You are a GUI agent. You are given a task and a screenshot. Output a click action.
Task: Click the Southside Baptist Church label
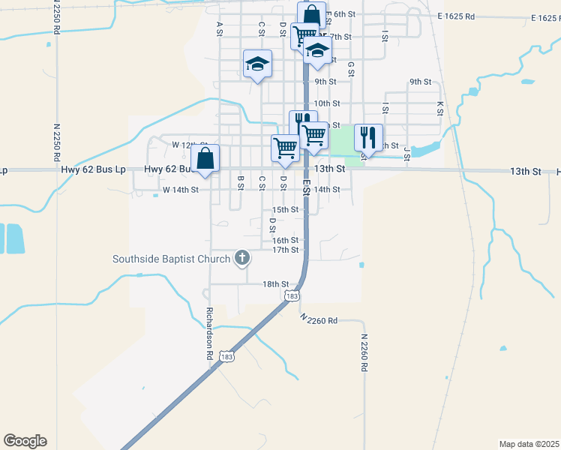[x=171, y=259]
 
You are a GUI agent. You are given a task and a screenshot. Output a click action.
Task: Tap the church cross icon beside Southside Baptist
[x=241, y=259]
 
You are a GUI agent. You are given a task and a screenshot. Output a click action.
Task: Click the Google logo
[x=25, y=441]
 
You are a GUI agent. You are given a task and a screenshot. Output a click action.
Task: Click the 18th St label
[x=275, y=284]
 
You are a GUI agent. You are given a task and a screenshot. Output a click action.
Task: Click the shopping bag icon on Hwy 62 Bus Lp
[x=205, y=158]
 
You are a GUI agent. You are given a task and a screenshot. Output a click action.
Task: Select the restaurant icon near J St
[x=368, y=136]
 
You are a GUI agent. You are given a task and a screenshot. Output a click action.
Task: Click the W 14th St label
[x=180, y=190]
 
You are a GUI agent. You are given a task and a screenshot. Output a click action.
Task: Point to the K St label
[x=440, y=109]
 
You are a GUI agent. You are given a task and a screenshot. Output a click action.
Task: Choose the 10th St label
[x=327, y=103]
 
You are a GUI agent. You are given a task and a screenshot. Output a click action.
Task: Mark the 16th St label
[x=286, y=240]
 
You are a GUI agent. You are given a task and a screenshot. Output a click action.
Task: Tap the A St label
[x=220, y=28]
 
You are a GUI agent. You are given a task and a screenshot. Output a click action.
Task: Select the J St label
[x=406, y=154]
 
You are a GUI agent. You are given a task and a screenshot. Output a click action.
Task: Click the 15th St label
[x=286, y=210]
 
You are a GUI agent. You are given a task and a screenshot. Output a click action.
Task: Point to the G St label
[x=350, y=69]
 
